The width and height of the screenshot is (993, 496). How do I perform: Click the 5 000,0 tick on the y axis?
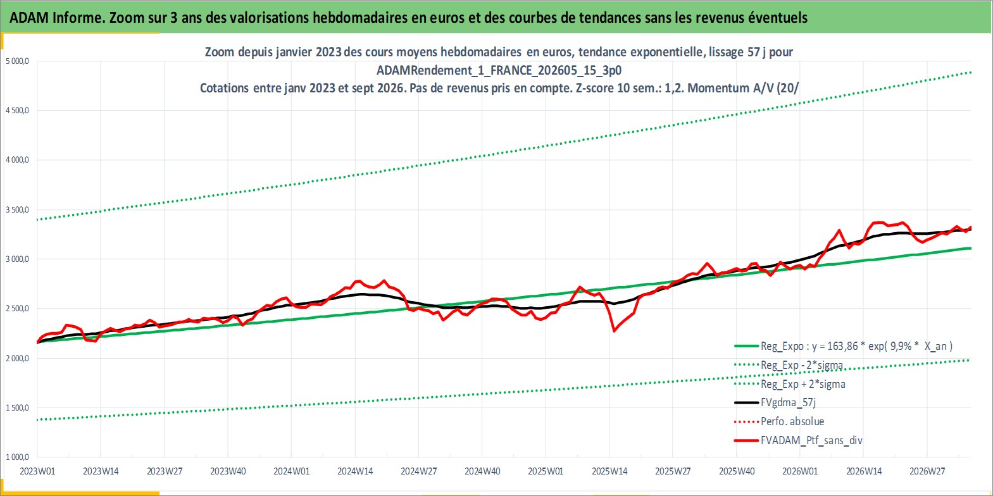[x=17, y=61]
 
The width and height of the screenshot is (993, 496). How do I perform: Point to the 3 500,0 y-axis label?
[x=17, y=209]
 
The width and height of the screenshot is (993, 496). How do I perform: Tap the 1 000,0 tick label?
[x=17, y=457]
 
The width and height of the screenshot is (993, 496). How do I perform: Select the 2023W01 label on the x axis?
[x=37, y=471]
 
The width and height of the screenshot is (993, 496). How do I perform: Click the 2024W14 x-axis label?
[x=355, y=471]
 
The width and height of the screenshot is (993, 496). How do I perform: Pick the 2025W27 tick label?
[x=673, y=471]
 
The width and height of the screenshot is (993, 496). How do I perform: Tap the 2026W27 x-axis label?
[x=927, y=471]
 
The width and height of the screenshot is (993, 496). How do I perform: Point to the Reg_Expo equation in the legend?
[x=856, y=346]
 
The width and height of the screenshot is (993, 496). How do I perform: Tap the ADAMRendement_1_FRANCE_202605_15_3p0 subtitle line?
[x=499, y=70]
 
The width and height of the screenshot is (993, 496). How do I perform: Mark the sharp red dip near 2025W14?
[x=614, y=331]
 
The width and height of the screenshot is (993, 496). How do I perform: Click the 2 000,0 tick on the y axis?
[x=17, y=358]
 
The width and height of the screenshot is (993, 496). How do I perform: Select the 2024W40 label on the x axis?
[x=482, y=471]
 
